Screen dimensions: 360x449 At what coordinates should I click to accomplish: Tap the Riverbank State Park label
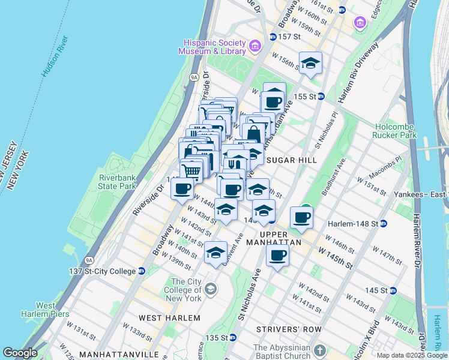point(118,182)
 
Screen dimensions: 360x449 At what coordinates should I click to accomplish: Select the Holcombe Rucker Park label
point(395,131)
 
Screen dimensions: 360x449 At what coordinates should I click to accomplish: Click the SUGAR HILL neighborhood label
point(291,160)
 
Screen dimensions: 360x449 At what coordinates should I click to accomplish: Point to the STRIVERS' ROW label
point(289,329)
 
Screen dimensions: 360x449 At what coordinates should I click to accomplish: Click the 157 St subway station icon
point(273,37)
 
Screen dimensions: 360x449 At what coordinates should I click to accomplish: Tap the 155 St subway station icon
point(321,96)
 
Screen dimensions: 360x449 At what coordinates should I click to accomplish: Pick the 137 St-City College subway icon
point(142,271)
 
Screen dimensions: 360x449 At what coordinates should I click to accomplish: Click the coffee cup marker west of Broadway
point(182,189)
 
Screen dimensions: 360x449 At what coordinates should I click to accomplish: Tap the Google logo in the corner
point(20,353)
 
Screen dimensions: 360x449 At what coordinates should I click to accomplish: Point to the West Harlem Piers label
point(46,310)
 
